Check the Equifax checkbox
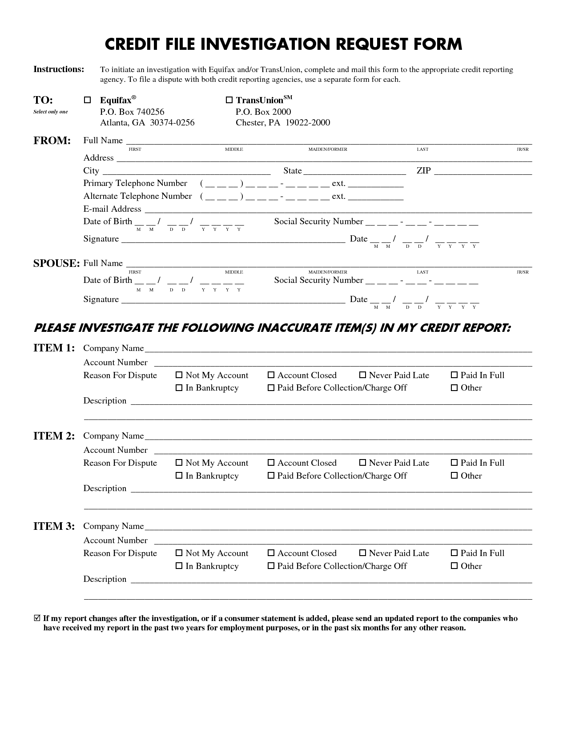click(x=88, y=100)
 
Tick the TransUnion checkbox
click(x=229, y=100)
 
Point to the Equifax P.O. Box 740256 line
click(x=132, y=112)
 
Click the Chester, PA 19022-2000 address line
click(x=283, y=122)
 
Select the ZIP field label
click(x=423, y=170)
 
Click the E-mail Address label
click(x=112, y=209)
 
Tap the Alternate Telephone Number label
click(x=137, y=196)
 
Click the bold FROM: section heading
click(x=52, y=141)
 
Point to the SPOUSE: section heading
click(x=56, y=263)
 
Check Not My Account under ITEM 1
click(x=179, y=375)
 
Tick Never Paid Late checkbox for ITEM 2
click(x=362, y=463)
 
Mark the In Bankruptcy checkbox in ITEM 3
click(x=179, y=566)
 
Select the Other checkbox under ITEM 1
click(x=454, y=387)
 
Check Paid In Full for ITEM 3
click(x=454, y=553)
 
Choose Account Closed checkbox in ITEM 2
click(x=270, y=463)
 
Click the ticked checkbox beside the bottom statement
click(x=37, y=618)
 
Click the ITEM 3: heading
click(x=54, y=526)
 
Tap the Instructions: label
click(x=59, y=69)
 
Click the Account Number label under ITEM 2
click(x=115, y=450)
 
